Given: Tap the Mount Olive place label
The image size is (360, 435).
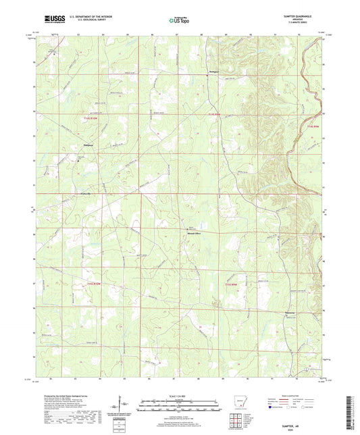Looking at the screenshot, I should click(194, 233).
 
